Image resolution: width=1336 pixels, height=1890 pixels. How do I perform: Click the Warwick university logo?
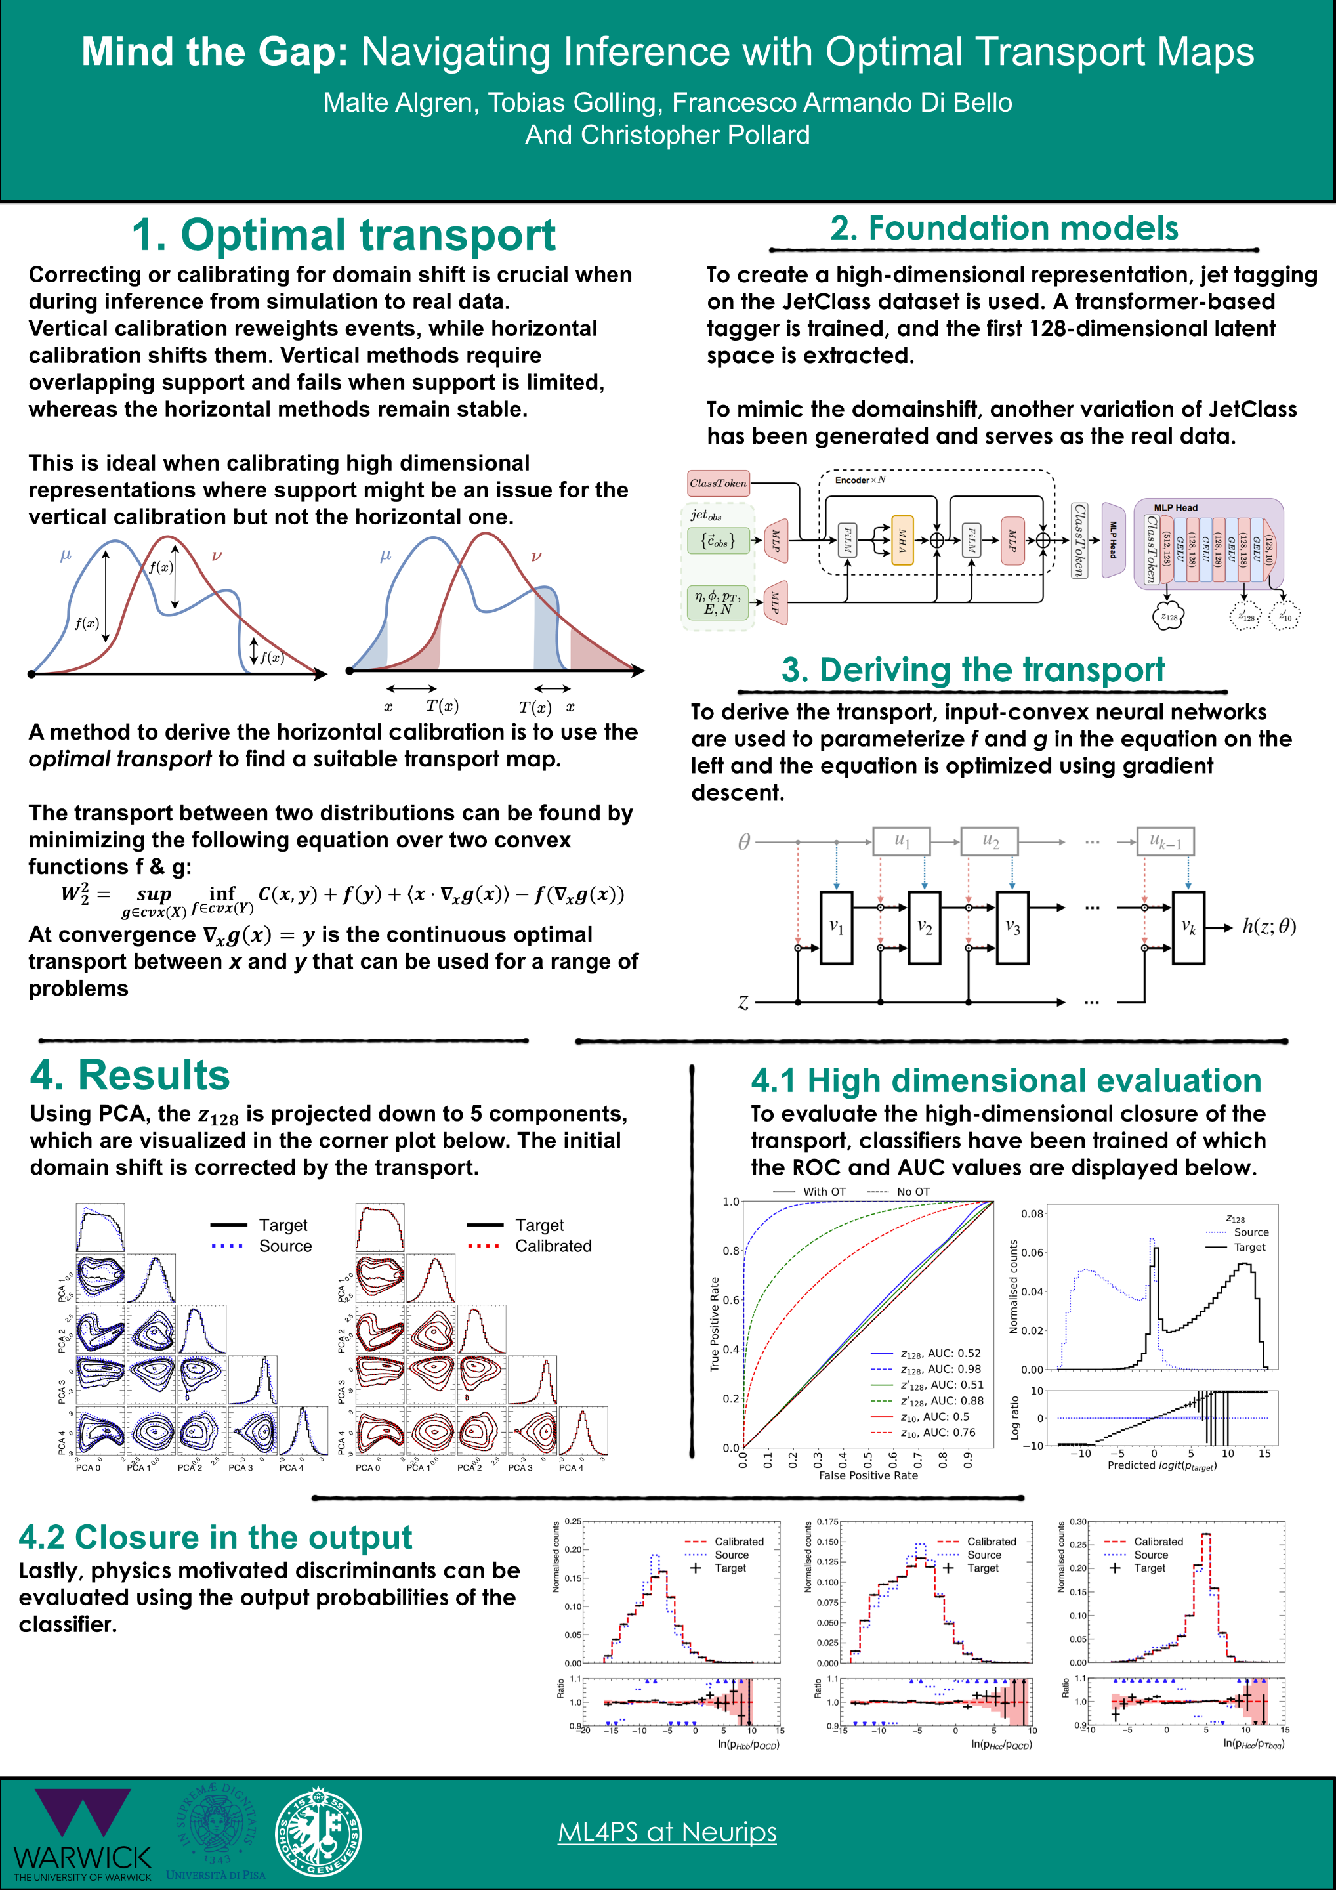[x=82, y=1832]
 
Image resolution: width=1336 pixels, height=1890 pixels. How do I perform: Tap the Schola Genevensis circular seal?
[x=318, y=1833]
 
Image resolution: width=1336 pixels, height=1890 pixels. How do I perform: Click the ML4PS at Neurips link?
[x=667, y=1832]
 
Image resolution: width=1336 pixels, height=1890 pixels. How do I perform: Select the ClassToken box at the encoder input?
[x=718, y=483]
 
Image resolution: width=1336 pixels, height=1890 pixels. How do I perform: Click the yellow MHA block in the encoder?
[x=902, y=541]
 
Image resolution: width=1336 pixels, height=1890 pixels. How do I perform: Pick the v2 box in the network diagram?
[x=925, y=928]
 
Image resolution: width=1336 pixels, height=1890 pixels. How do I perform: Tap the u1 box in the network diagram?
[x=902, y=841]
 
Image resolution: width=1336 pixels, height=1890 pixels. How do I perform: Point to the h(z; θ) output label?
[x=1268, y=927]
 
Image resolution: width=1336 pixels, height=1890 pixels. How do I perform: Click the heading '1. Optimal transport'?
[x=343, y=236]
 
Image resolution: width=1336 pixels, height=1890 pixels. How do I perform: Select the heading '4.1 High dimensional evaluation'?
[x=1006, y=1081]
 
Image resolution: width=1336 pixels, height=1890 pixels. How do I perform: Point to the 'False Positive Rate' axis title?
[x=867, y=1476]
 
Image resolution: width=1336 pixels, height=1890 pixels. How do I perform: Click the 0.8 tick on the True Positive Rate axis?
[x=731, y=1251]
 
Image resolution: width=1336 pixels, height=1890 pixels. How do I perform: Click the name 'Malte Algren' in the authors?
[x=398, y=103]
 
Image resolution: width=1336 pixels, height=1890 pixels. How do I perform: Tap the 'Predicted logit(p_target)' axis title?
[x=1161, y=1466]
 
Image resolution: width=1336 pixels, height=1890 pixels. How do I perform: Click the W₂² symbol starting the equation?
[x=75, y=894]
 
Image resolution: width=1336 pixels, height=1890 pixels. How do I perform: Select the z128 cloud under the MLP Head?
[x=1167, y=616]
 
